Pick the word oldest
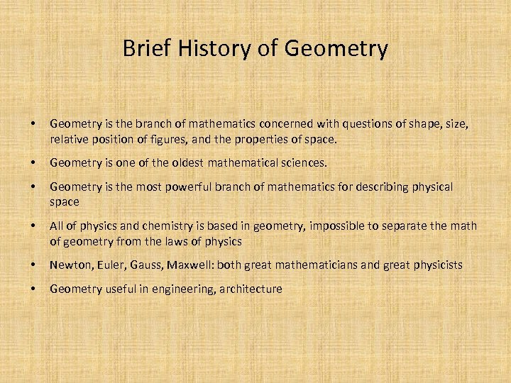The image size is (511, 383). point(170,163)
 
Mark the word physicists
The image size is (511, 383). point(434,265)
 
